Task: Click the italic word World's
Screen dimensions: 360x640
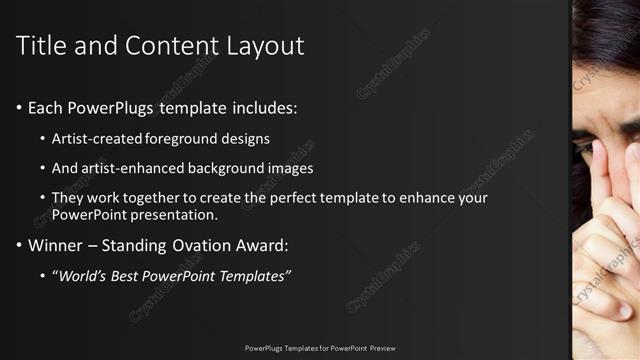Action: (x=83, y=275)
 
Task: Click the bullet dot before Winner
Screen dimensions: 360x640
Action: (x=20, y=245)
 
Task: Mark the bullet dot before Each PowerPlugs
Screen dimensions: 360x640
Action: (x=20, y=107)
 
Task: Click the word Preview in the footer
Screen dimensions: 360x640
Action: (x=382, y=348)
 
